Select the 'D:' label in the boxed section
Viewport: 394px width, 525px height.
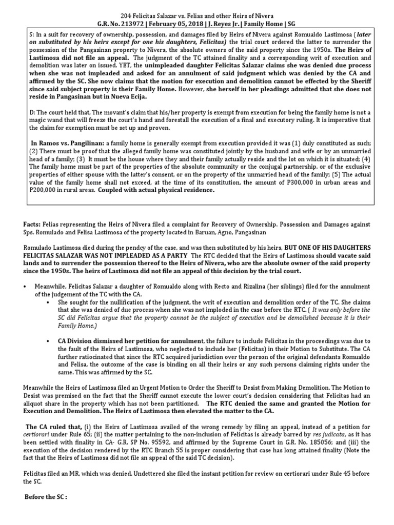(x=32, y=111)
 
